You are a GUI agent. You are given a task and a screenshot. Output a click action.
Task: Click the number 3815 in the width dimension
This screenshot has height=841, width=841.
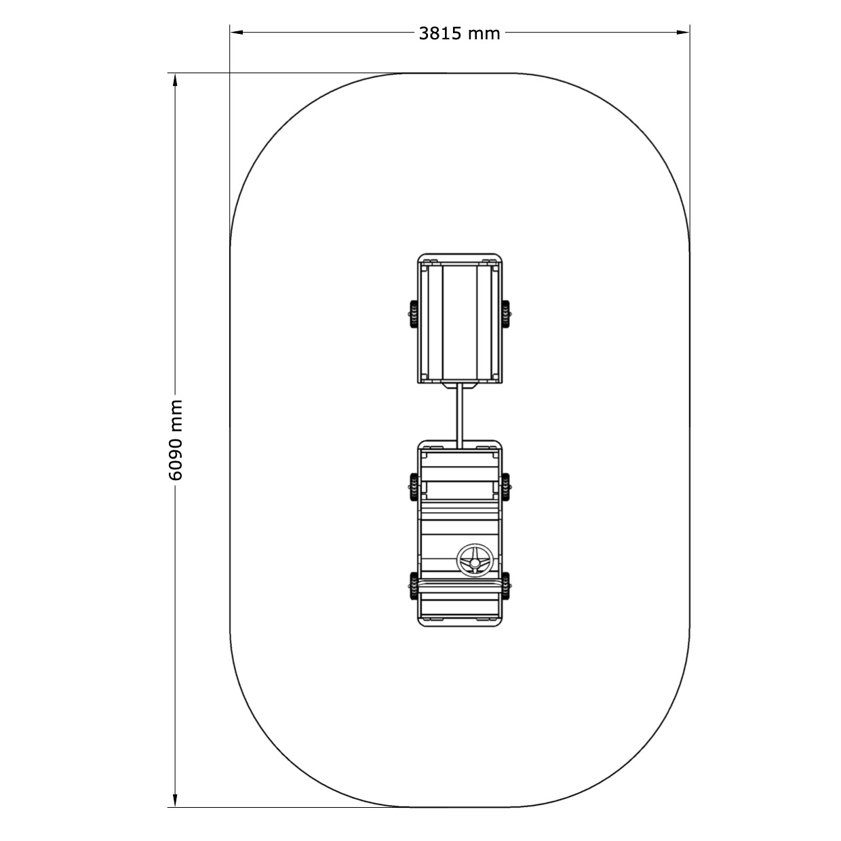(x=439, y=34)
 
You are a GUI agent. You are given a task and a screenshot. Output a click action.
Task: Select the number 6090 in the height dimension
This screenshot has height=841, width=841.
(x=176, y=461)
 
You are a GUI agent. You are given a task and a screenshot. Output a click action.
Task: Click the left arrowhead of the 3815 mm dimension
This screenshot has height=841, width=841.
(x=237, y=32)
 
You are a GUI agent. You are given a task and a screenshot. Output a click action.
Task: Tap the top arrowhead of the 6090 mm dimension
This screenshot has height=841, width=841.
(x=176, y=80)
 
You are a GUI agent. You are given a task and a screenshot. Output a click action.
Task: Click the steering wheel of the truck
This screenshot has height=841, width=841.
(x=475, y=561)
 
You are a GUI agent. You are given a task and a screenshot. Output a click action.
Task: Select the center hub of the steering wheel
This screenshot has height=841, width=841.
(x=475, y=563)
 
